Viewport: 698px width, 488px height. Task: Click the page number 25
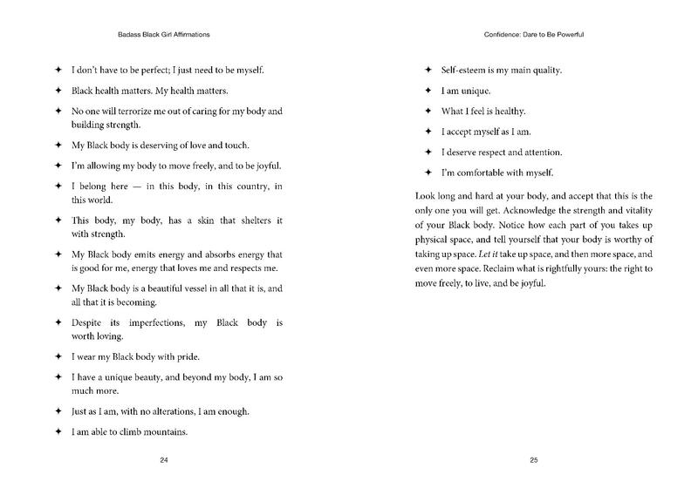point(533,459)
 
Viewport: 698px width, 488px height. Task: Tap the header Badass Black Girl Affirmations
point(163,35)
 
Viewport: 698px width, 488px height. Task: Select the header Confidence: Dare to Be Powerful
point(533,35)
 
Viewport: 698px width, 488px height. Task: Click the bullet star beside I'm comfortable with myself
point(427,173)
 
